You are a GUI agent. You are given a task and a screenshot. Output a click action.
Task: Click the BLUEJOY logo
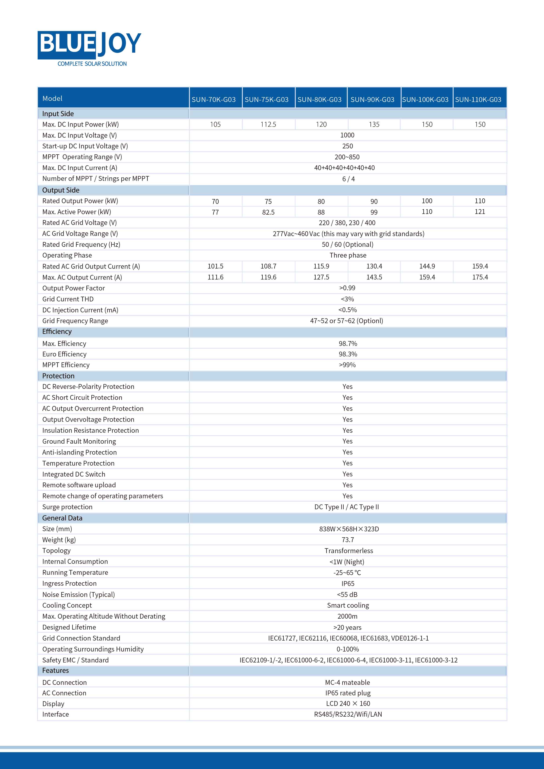[89, 44]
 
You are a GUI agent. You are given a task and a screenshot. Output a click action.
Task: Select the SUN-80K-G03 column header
[320, 100]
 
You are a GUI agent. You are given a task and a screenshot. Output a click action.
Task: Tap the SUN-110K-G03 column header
[478, 100]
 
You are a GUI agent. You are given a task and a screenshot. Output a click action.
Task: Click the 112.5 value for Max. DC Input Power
[268, 125]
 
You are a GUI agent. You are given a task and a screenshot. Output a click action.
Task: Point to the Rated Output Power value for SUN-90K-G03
[374, 201]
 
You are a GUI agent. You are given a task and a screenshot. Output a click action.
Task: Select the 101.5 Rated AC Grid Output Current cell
[215, 266]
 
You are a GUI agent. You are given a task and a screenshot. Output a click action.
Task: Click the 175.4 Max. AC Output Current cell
[480, 277]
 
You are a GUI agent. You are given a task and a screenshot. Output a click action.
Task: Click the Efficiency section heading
[57, 332]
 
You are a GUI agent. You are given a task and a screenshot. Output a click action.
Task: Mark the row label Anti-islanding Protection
[79, 452]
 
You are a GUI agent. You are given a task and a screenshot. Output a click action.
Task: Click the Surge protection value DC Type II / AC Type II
[347, 507]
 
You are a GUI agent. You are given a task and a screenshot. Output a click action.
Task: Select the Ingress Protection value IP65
[348, 584]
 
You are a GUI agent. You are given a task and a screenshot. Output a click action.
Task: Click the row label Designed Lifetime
[69, 627]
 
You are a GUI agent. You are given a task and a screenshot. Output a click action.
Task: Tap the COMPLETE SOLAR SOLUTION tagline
[92, 64]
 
